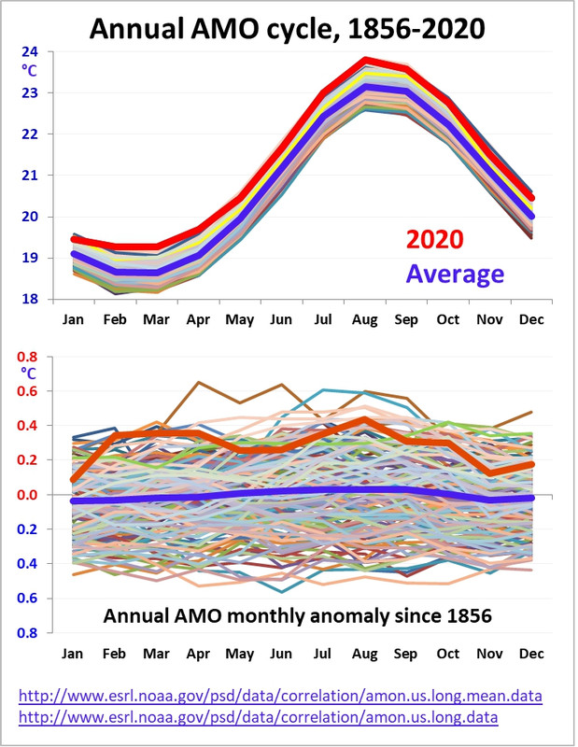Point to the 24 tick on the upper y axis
click(30, 51)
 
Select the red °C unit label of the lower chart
click(31, 373)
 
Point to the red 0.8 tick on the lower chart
click(30, 358)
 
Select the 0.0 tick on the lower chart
click(30, 495)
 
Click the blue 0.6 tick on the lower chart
click(30, 599)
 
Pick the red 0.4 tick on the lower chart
click(30, 427)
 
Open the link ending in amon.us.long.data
click(259, 717)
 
